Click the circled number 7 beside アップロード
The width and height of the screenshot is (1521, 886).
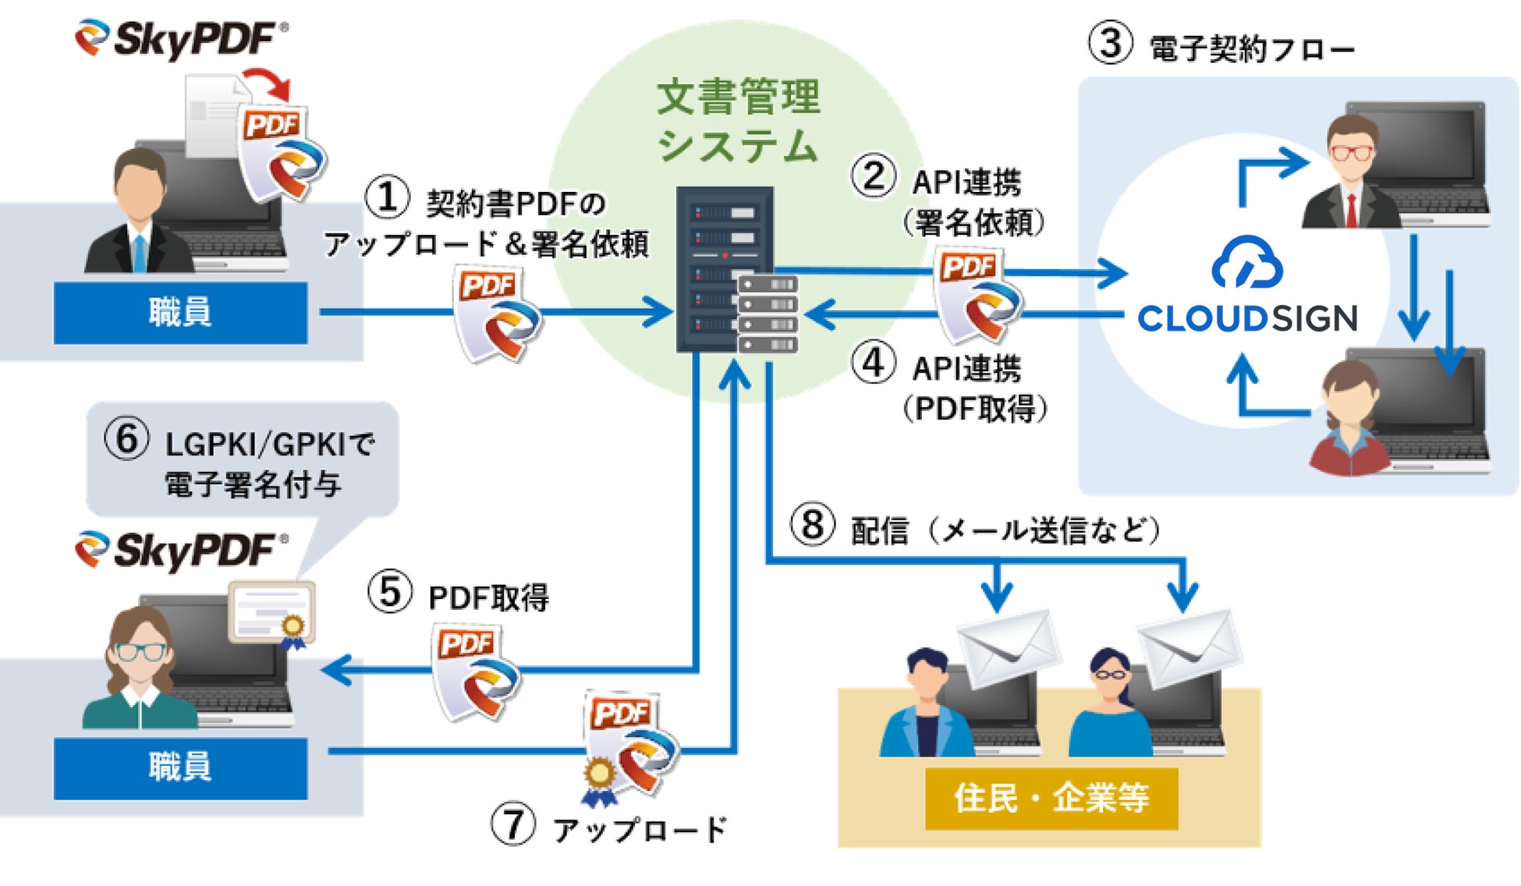coord(512,824)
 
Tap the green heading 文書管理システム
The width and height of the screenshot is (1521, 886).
coord(738,121)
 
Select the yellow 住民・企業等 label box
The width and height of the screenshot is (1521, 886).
coord(1051,798)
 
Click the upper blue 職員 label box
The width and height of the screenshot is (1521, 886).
coord(180,312)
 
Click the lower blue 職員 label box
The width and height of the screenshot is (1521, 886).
coord(180,767)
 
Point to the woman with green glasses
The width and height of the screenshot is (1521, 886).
coord(140,671)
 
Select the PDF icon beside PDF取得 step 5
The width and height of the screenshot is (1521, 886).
coord(474,671)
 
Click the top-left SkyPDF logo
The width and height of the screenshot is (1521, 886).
coord(182,38)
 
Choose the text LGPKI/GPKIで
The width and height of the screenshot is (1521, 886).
coord(270,445)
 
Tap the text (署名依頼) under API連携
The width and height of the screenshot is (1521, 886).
coord(973,223)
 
